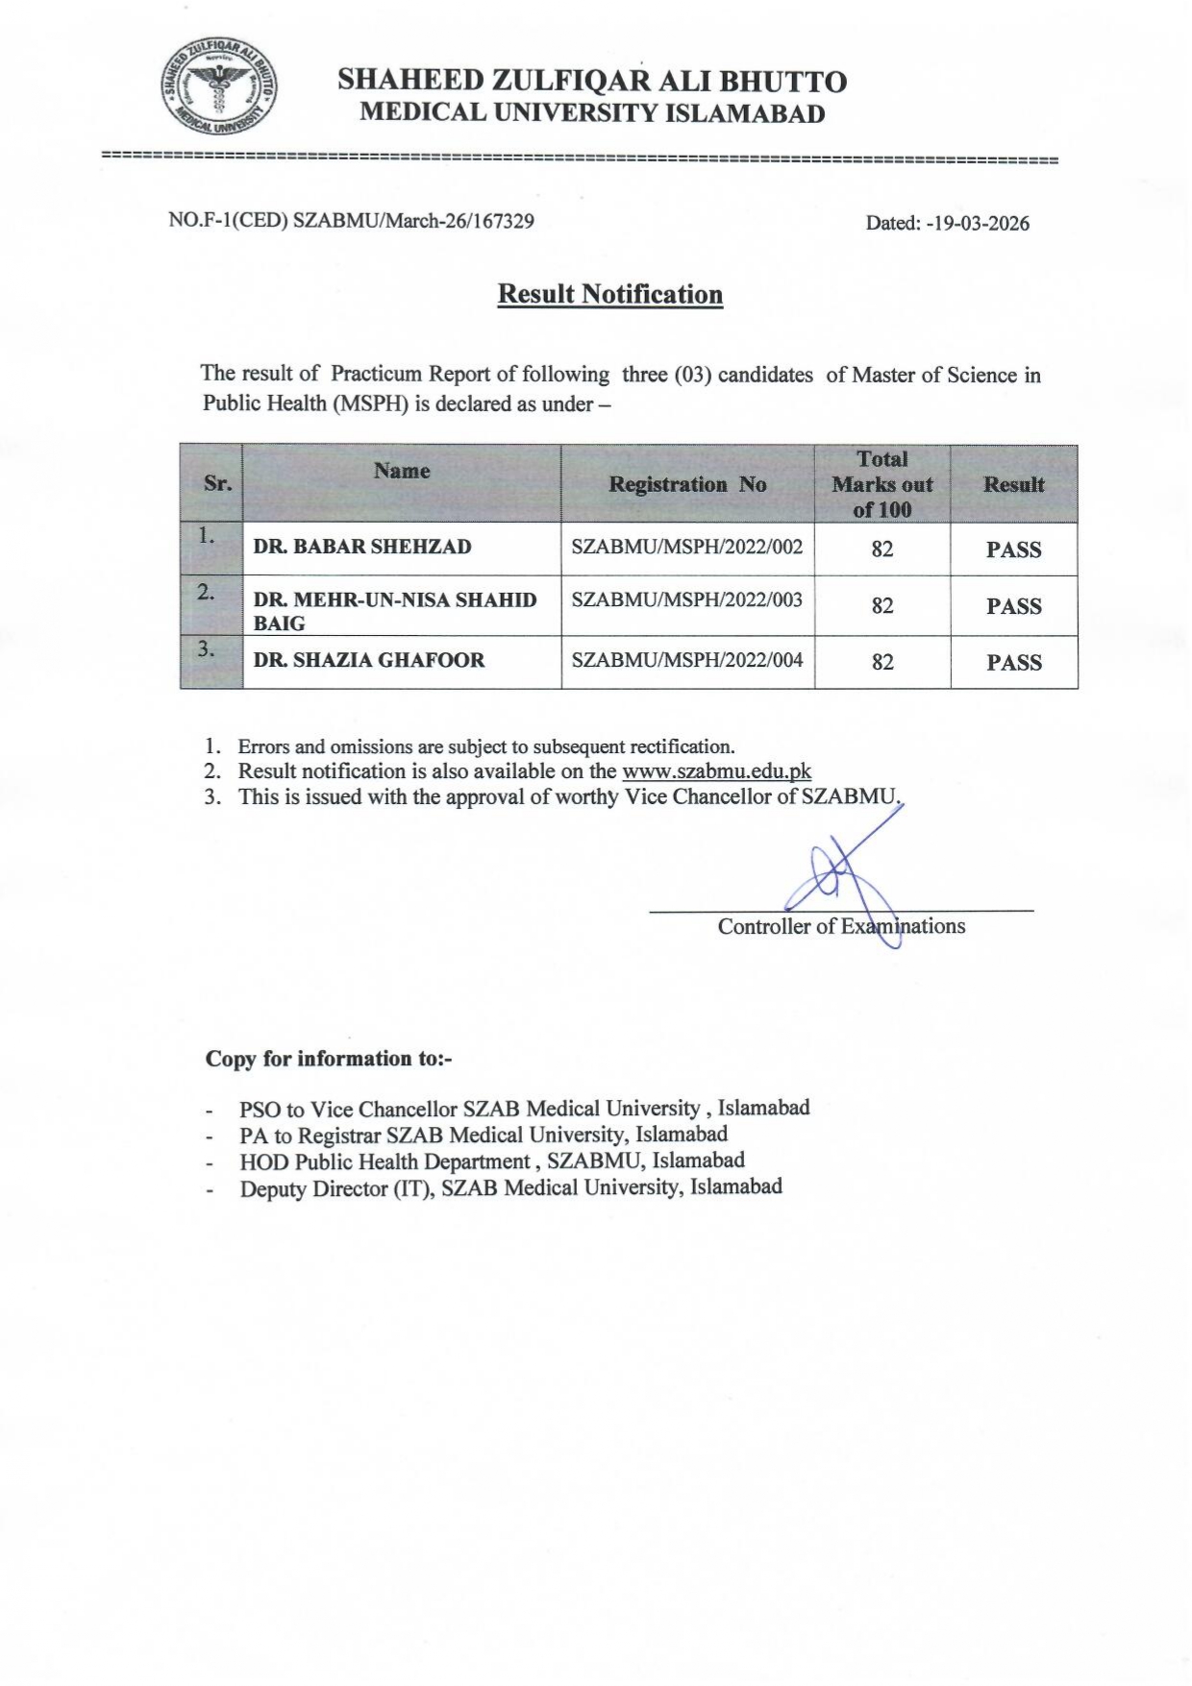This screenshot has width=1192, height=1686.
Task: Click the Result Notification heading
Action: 609,294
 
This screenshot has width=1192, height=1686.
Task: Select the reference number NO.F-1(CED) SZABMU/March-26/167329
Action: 351,221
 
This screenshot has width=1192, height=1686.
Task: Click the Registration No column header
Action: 687,484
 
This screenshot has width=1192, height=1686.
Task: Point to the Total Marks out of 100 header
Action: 882,484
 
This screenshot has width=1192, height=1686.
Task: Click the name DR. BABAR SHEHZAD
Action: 362,547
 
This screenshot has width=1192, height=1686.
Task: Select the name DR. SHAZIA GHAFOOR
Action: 369,660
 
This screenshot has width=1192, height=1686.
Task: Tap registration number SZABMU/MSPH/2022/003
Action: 686,599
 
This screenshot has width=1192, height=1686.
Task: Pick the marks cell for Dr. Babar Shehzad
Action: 882,550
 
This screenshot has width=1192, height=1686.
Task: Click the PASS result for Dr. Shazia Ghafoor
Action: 1013,662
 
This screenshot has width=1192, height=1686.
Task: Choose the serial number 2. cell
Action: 207,593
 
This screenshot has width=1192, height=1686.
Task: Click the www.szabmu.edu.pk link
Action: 716,770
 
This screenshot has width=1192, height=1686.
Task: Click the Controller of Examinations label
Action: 841,926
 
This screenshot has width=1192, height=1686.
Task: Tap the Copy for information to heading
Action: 328,1059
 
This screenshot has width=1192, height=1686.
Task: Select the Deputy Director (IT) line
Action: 510,1187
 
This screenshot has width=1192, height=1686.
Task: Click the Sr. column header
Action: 217,483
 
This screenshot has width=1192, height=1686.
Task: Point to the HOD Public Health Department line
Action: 491,1161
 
